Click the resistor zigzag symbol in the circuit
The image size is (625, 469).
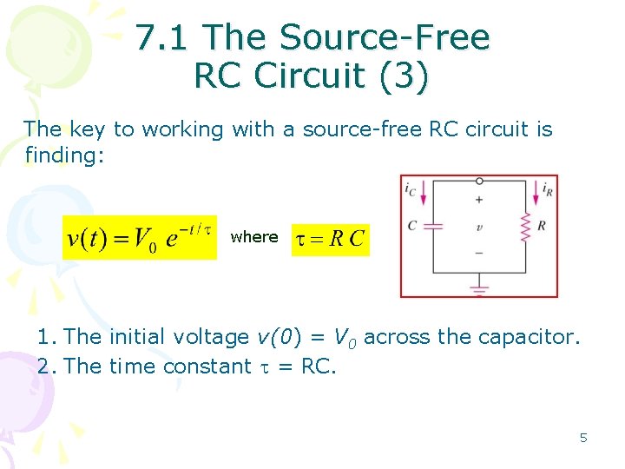tap(524, 228)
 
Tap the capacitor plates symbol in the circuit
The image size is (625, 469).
tap(434, 226)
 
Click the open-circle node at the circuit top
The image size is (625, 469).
tap(479, 181)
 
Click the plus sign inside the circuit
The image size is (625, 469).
tap(479, 199)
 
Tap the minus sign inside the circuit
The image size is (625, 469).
tap(479, 253)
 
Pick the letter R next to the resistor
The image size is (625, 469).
tap(542, 226)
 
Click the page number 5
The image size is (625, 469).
tap(583, 438)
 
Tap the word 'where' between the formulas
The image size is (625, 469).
tap(254, 237)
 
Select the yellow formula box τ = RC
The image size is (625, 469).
tap(330, 238)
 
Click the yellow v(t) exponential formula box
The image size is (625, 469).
tap(140, 237)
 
